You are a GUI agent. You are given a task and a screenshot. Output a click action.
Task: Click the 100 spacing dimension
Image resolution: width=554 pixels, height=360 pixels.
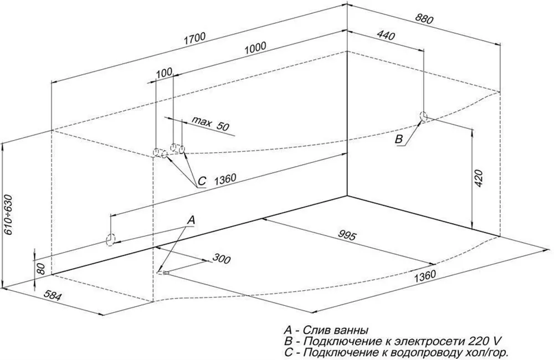[x=165, y=73]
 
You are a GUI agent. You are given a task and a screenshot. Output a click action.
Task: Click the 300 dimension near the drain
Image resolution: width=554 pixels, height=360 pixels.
[x=221, y=259]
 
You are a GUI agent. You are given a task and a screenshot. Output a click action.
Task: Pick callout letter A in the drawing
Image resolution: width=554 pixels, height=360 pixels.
[x=191, y=220]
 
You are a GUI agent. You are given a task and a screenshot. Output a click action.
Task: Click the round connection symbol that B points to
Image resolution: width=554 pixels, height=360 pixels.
[x=424, y=117]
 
